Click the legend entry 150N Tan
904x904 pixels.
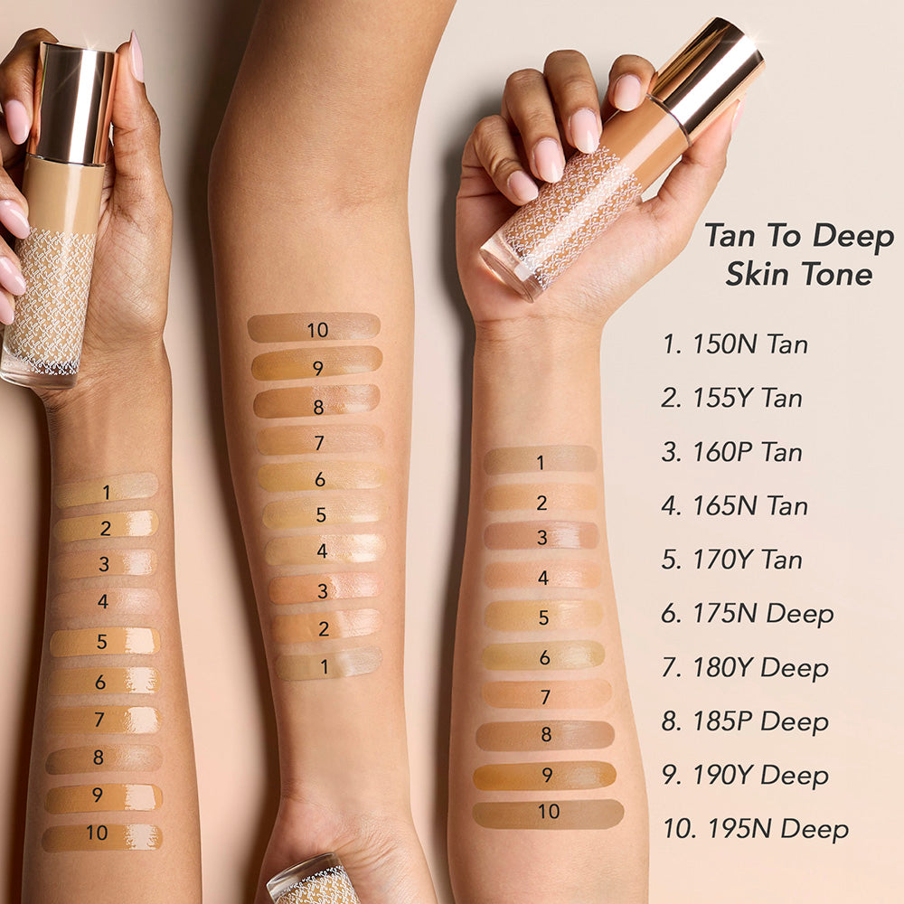[x=735, y=344]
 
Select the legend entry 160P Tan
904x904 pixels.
[x=732, y=452]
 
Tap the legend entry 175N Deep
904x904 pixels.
[x=748, y=614]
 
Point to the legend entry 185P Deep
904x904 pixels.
[x=745, y=721]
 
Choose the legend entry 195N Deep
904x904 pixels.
[x=756, y=829]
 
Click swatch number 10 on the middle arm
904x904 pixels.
[x=315, y=327]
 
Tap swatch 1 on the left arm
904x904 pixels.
[x=106, y=490]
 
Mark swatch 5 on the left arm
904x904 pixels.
[x=105, y=642]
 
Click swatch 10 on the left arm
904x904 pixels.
[x=102, y=837]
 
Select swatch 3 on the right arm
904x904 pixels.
[x=541, y=535]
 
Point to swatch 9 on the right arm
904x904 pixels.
[x=545, y=776]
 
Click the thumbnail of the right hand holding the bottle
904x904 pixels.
[x=626, y=92]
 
